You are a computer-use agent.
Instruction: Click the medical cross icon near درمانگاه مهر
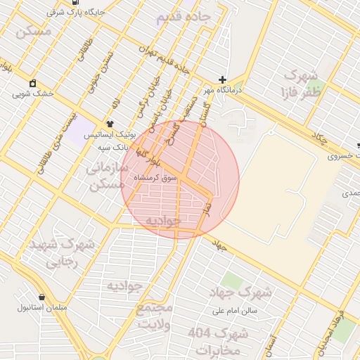223,80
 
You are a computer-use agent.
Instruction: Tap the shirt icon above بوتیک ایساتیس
109,123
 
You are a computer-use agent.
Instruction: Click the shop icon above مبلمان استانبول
42,297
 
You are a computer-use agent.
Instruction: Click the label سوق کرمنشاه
179,179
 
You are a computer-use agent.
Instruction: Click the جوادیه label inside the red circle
163,221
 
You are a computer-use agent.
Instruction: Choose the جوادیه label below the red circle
125,285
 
